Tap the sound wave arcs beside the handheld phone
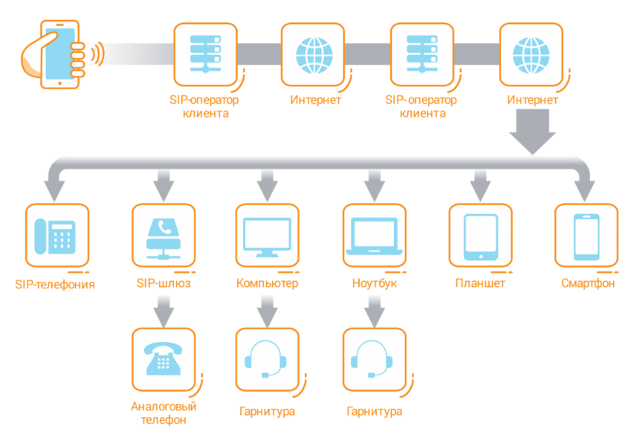(x=97, y=54)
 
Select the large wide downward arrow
(x=532, y=132)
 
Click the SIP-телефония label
(x=55, y=284)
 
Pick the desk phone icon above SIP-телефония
(x=55, y=236)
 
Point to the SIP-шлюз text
(x=164, y=283)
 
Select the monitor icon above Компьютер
(x=268, y=237)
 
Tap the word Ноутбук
(x=375, y=283)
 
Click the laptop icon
(x=375, y=236)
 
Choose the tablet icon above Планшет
(x=480, y=237)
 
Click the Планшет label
(x=480, y=283)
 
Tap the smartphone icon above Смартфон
(x=586, y=237)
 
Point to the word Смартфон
(x=587, y=283)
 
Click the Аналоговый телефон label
(x=164, y=413)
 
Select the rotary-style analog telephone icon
(x=164, y=358)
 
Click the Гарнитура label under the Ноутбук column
(x=375, y=411)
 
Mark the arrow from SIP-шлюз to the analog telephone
(x=164, y=311)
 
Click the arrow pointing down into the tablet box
(x=480, y=185)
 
